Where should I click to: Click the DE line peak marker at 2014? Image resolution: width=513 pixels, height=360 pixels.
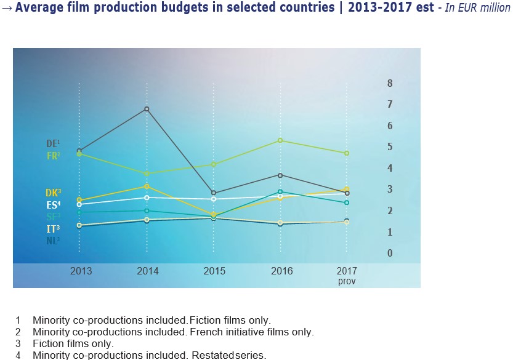[x=147, y=109]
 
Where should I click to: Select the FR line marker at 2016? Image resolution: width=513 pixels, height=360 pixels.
[x=280, y=140]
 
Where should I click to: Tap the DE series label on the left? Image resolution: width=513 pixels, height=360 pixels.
[x=53, y=144]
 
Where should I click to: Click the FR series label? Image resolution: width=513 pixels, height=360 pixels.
[x=53, y=156]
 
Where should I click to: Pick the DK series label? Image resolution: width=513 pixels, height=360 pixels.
[x=53, y=193]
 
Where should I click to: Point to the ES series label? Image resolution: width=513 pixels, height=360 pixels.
[x=53, y=204]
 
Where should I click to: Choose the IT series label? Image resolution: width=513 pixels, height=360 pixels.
[x=53, y=229]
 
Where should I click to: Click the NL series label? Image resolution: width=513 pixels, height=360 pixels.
[x=53, y=241]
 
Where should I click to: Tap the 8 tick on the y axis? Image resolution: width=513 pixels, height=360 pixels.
[x=390, y=83]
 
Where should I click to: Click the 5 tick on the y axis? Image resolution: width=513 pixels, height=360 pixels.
[x=390, y=147]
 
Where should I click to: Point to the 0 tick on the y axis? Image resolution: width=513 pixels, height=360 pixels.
[x=390, y=253]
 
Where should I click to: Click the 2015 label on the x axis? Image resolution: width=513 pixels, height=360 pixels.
[x=214, y=271]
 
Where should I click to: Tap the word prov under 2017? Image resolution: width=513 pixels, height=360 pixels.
[x=347, y=281]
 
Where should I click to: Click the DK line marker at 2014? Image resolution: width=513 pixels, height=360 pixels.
[x=147, y=186]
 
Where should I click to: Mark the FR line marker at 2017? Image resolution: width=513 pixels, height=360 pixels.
[x=347, y=153]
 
